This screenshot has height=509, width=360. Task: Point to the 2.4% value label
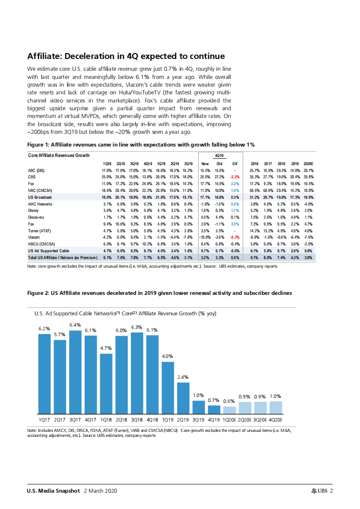point(183,377)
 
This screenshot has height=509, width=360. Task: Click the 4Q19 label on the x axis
point(214,420)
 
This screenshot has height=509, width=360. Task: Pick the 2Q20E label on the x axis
point(245,420)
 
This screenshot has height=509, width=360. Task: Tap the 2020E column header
point(308,164)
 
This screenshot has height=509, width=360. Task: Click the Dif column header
point(234,164)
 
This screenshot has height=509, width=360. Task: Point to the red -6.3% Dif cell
point(235,237)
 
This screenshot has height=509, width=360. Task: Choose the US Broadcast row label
point(39,198)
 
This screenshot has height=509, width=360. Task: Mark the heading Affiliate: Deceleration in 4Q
point(126,56)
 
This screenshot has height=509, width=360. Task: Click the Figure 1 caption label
point(141,145)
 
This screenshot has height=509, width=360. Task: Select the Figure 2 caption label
point(159,294)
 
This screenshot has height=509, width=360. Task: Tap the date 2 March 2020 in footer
point(101,491)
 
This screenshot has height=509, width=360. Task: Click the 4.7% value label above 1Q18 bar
point(106,348)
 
